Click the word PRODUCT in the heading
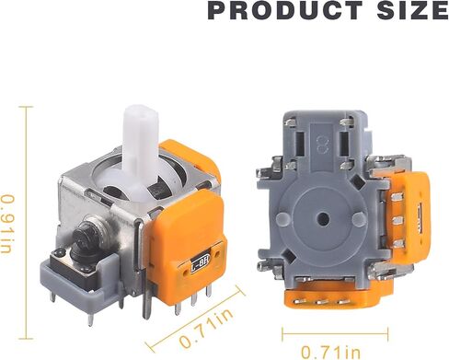point(285,10)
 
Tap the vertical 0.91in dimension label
point(7,224)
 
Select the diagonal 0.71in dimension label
point(206,329)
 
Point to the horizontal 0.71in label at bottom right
point(330,352)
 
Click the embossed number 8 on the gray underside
point(322,145)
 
